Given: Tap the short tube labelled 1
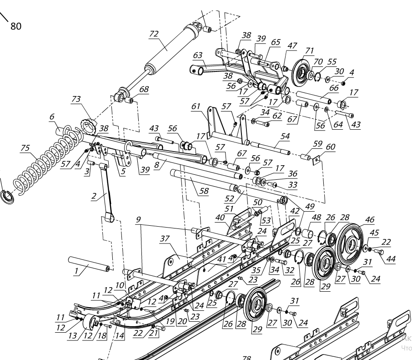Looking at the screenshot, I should coord(89,264).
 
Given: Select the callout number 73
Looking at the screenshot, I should coord(76,100).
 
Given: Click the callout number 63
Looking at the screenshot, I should coord(197,55).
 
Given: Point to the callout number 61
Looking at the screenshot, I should coord(196,106).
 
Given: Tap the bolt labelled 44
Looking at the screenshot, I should coord(381,252).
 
